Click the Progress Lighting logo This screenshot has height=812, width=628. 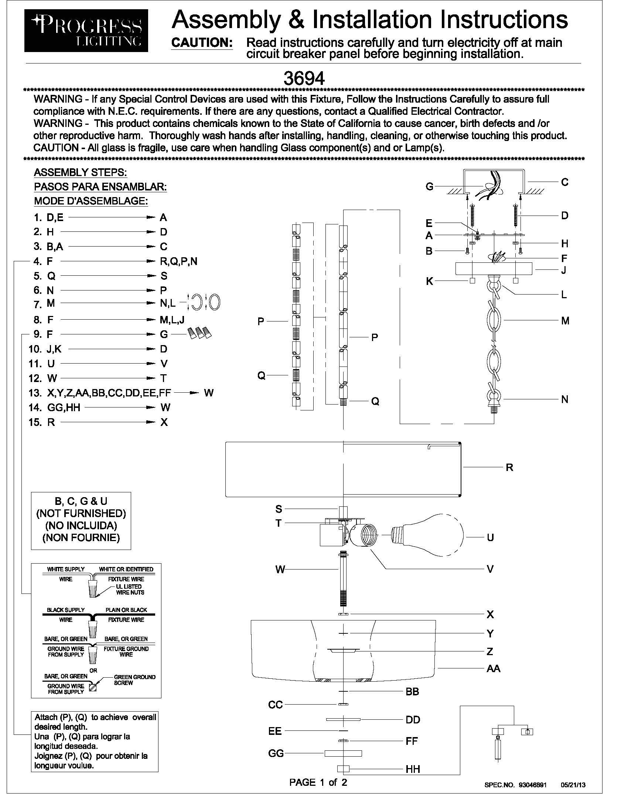click(86, 31)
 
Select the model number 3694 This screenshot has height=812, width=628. click(304, 78)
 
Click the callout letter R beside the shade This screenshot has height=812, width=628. click(509, 467)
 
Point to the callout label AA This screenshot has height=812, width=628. click(493, 668)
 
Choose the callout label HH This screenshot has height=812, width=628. click(413, 769)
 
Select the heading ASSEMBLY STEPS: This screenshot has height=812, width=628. click(81, 172)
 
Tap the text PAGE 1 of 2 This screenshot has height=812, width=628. click(318, 782)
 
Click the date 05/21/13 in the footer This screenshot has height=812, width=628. click(573, 785)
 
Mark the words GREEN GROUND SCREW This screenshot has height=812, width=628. click(134, 680)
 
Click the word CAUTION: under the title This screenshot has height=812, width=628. click(202, 43)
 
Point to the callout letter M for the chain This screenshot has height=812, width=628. click(565, 320)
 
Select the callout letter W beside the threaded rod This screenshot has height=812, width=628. click(280, 569)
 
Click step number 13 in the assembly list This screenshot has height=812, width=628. click(35, 393)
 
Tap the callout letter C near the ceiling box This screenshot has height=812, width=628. click(564, 182)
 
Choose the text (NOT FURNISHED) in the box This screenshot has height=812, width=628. click(81, 513)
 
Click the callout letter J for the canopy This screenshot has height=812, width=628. click(564, 270)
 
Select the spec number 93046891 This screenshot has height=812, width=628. click(532, 785)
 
